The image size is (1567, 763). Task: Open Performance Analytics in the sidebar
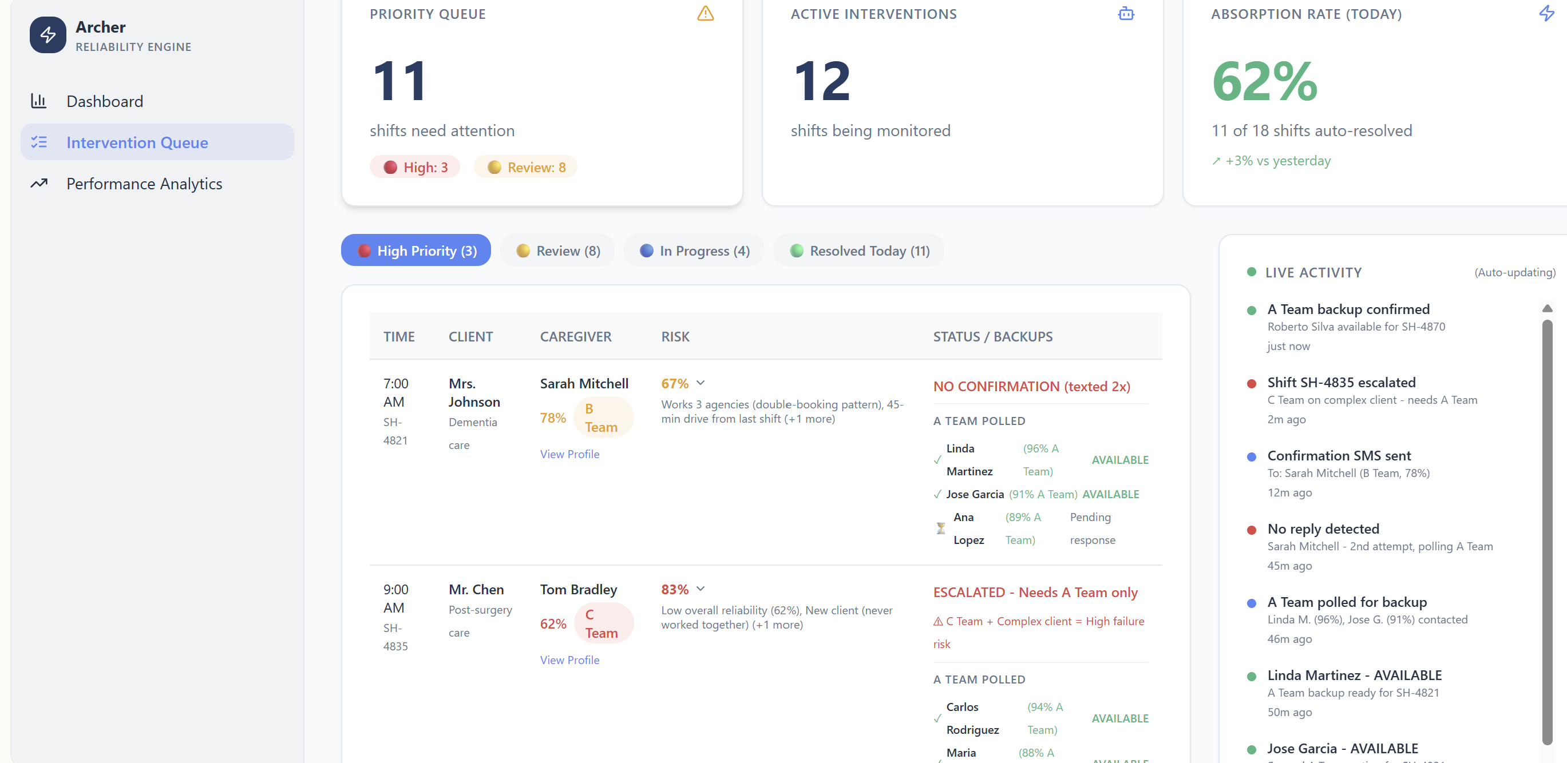click(x=144, y=184)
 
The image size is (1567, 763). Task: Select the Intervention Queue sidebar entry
click(x=137, y=142)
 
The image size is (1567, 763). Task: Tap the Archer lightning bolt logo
click(x=48, y=35)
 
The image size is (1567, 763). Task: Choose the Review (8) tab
click(x=558, y=251)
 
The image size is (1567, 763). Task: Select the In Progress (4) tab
click(x=694, y=251)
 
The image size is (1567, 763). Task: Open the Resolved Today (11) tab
click(x=859, y=251)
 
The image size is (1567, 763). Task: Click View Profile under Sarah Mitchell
click(x=569, y=454)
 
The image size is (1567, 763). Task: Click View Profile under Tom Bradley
click(x=569, y=659)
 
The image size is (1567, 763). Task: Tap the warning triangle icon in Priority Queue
click(x=705, y=13)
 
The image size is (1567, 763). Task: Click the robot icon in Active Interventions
click(x=1125, y=13)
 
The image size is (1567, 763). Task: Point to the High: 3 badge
click(x=415, y=167)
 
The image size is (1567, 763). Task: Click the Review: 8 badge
click(x=526, y=167)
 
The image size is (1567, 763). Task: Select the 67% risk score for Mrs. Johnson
click(x=675, y=384)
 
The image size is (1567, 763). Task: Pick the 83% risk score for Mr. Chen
click(x=675, y=589)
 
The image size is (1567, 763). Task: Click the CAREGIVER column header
click(x=575, y=336)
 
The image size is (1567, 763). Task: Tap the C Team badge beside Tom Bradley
click(x=602, y=623)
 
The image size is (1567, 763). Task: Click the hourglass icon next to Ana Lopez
click(x=940, y=528)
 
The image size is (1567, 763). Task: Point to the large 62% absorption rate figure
click(x=1265, y=81)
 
